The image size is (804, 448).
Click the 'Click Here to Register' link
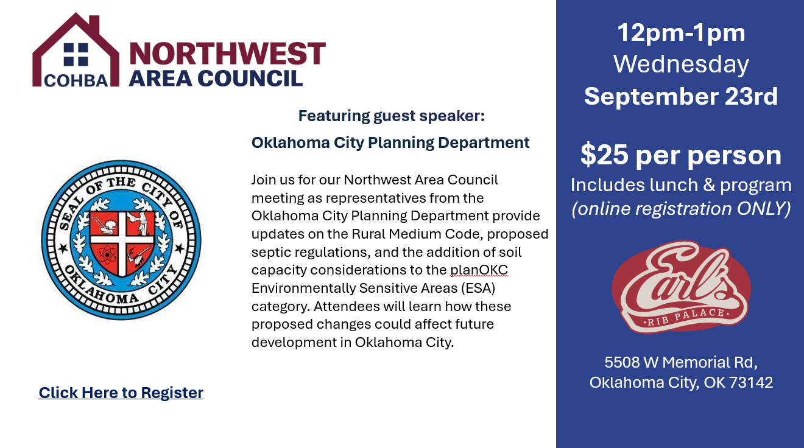(x=121, y=393)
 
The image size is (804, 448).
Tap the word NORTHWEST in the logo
(x=227, y=54)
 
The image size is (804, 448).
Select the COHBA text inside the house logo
(x=76, y=81)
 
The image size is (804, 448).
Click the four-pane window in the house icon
(x=76, y=55)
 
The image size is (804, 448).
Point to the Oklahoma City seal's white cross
(x=122, y=239)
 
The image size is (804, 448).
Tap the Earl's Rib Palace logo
(x=681, y=287)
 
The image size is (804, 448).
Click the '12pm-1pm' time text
(x=681, y=33)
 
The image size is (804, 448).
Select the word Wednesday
(x=681, y=65)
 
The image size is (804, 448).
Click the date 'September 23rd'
(x=681, y=96)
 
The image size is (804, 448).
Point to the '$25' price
(x=604, y=155)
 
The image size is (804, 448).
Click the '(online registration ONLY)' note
(x=681, y=209)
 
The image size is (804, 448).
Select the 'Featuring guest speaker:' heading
(x=392, y=116)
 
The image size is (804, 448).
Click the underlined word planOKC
(x=479, y=270)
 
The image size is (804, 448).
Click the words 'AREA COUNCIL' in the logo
(x=216, y=79)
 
